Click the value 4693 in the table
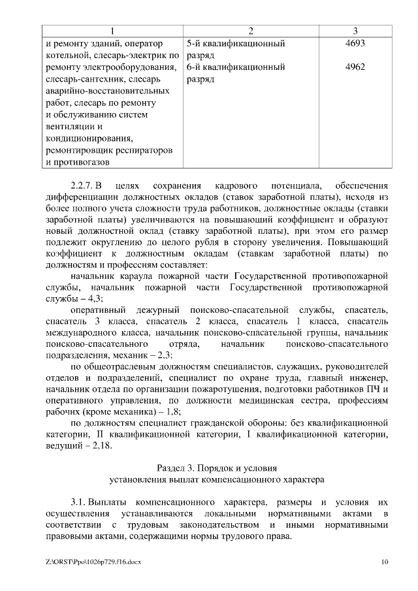(355, 44)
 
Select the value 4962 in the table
(355, 67)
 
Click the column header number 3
(355, 31)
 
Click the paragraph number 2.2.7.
(84, 184)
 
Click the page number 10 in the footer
(384, 562)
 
